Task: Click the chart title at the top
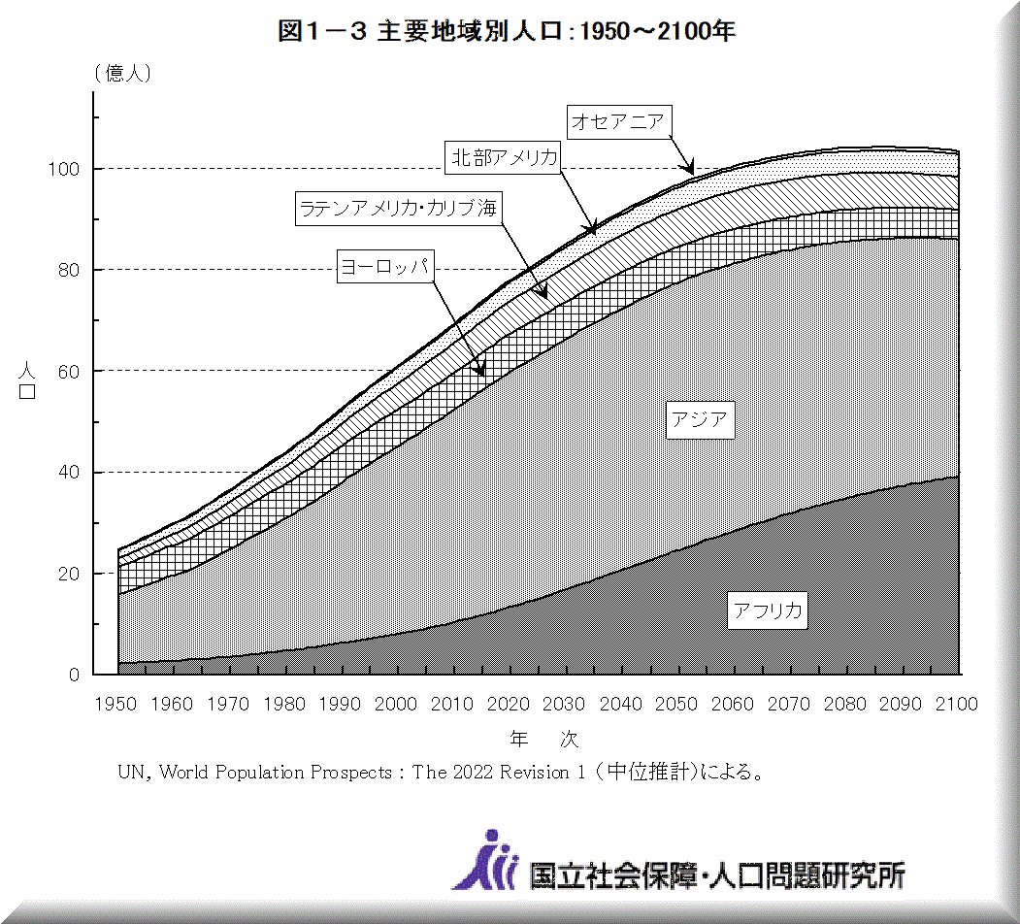pos(507,31)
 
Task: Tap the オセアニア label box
pos(617,121)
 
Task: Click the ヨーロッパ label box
pos(385,265)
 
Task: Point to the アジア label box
pos(699,419)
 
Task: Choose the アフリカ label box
pos(768,610)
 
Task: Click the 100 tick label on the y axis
pos(67,169)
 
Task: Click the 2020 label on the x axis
pos(508,704)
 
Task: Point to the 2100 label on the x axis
pos(956,704)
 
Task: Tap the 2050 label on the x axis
pos(677,704)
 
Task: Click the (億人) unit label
pos(122,74)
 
